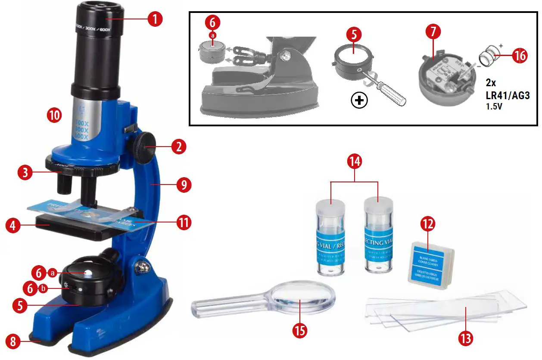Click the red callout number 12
(x=427, y=223)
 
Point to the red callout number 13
(x=465, y=338)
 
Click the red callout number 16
(x=519, y=56)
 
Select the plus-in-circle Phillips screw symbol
(x=360, y=101)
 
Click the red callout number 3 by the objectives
(x=25, y=173)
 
